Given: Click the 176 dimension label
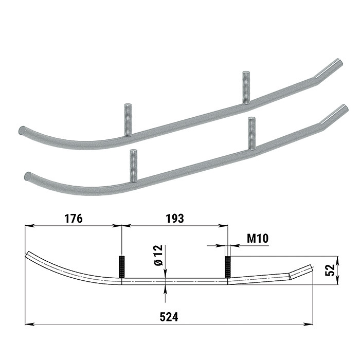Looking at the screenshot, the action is (74, 219).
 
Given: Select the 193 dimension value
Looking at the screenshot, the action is (175, 219).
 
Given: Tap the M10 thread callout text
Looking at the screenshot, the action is (258, 239).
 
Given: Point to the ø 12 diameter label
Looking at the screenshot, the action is (158, 255).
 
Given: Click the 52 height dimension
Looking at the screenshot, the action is (330, 270).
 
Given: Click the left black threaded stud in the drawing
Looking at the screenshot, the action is (122, 267).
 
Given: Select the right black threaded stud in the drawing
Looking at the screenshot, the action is (227, 267).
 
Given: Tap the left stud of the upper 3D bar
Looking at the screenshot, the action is (128, 120).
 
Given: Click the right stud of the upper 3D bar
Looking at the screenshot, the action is (246, 88).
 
